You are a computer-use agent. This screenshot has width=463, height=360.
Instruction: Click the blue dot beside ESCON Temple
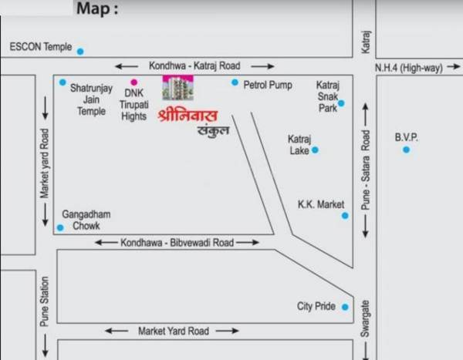(x=80, y=52)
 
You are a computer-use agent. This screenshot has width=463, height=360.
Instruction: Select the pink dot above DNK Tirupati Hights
(x=133, y=82)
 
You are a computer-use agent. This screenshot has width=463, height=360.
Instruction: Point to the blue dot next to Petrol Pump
(x=235, y=82)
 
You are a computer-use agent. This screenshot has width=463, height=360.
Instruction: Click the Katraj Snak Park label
(x=327, y=96)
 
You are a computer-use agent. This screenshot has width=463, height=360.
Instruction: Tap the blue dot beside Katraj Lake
(x=315, y=150)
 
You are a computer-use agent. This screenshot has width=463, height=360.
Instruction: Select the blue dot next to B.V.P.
(x=406, y=150)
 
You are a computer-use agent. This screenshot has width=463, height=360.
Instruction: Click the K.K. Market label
(x=320, y=204)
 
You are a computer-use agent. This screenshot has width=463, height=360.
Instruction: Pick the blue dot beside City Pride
(x=345, y=307)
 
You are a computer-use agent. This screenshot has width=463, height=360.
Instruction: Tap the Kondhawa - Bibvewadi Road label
(x=177, y=242)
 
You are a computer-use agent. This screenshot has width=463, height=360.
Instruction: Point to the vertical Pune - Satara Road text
(x=367, y=171)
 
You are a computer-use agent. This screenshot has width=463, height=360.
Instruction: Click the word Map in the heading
(x=96, y=10)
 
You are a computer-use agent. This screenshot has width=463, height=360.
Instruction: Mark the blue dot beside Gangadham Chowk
(x=60, y=227)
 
